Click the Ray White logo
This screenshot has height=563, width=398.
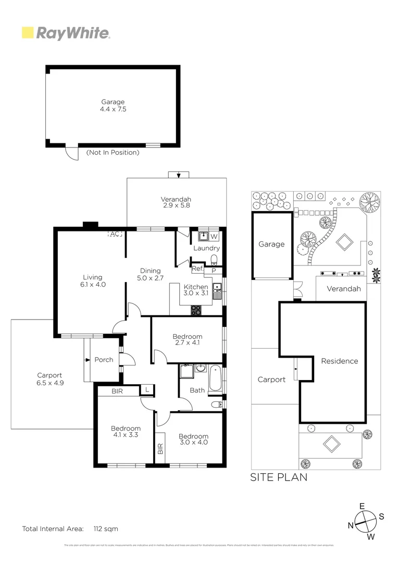(x=66, y=33)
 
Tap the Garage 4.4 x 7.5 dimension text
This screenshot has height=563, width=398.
(x=113, y=106)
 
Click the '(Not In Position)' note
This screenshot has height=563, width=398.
(x=113, y=153)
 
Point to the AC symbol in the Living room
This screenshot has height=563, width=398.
(x=115, y=234)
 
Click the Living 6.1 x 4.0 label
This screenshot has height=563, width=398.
(x=92, y=280)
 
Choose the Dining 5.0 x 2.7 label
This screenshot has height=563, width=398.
(x=150, y=274)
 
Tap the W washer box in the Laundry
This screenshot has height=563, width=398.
(x=214, y=237)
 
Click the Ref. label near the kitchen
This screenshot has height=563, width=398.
(x=197, y=269)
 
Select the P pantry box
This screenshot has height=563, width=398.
(x=214, y=271)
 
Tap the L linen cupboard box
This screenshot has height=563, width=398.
(x=147, y=389)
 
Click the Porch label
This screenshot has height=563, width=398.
(x=104, y=360)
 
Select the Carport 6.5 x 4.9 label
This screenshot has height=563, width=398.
(x=49, y=378)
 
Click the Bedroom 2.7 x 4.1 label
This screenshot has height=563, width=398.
(x=187, y=340)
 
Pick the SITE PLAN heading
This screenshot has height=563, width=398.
(x=279, y=477)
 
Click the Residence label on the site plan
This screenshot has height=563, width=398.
(x=339, y=361)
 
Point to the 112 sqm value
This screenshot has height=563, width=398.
(x=106, y=529)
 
